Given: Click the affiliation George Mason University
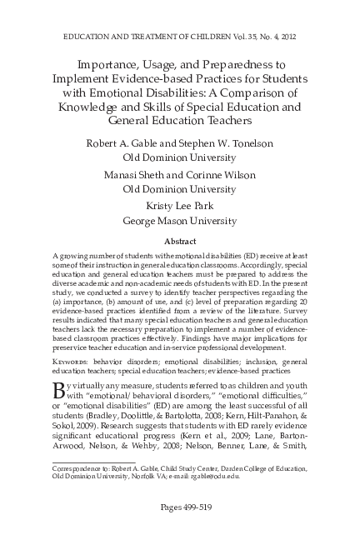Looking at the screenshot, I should click(x=179, y=222).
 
